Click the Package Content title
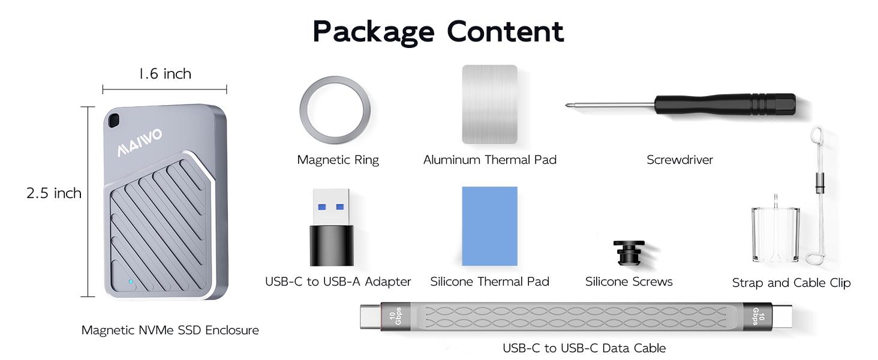[438, 31]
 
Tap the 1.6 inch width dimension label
[164, 74]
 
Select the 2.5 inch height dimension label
[54, 193]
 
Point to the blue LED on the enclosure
[130, 281]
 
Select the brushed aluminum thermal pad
[489, 104]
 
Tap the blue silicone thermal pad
[489, 226]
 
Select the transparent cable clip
[775, 234]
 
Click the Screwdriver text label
[679, 160]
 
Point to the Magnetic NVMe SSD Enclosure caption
[170, 330]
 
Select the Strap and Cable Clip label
[791, 283]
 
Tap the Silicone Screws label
[629, 281]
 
